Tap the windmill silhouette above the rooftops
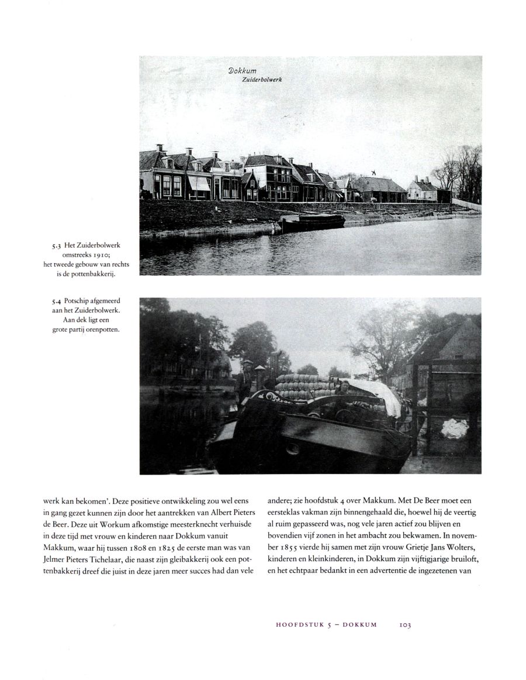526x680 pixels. pos(369,173)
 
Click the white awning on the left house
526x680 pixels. pos(198,183)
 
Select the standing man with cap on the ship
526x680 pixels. pos(247,381)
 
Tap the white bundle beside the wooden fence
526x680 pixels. pos(455,429)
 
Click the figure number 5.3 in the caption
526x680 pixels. pos(57,246)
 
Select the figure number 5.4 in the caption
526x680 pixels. pos(57,303)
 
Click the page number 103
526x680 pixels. pos(405,625)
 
